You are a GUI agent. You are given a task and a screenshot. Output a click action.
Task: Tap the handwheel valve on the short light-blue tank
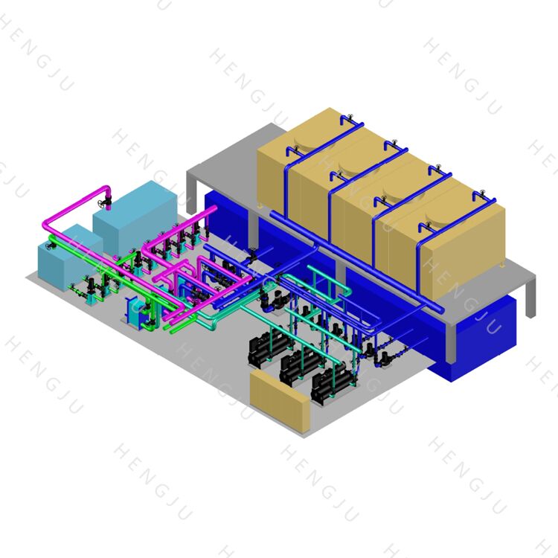51,246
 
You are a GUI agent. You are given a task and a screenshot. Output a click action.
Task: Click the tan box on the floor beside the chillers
279,400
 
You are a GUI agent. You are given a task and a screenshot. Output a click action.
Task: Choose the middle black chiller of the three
300,367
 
